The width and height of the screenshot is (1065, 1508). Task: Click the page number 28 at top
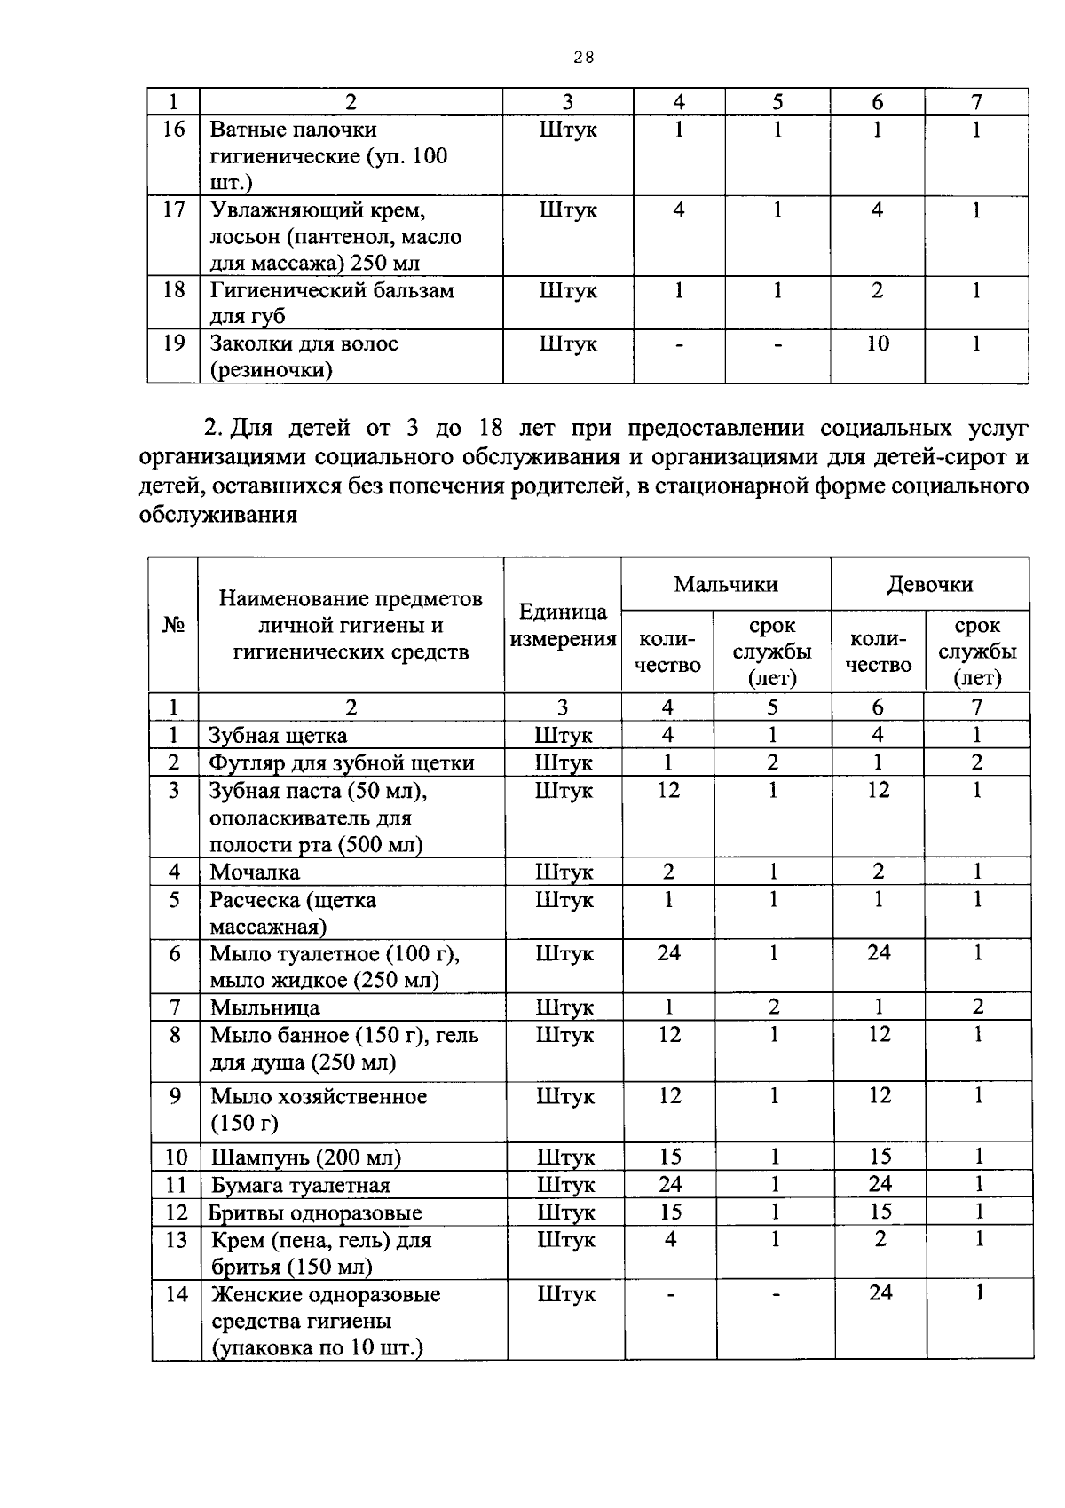[x=583, y=58]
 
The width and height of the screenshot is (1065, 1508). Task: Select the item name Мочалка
[x=255, y=872]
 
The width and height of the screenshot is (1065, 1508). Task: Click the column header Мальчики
[x=725, y=584]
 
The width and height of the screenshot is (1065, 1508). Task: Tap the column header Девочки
[x=929, y=584]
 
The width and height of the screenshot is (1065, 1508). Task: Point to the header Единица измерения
[x=563, y=625]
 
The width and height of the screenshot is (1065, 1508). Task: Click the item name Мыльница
[x=264, y=1007]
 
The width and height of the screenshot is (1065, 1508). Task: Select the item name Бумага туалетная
[x=300, y=1185]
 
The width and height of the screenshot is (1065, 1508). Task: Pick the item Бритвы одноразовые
[x=315, y=1212]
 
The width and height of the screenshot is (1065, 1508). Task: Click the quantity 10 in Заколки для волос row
[x=877, y=343]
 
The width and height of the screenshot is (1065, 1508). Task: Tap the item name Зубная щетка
[x=278, y=736]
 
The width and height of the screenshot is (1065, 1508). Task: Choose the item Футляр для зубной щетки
[x=342, y=763]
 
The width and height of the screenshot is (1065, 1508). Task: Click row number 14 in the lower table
[x=177, y=1294]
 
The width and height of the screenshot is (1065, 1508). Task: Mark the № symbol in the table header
[x=173, y=625]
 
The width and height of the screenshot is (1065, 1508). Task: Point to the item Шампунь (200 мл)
[x=305, y=1157]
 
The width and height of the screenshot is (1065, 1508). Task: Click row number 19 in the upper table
[x=174, y=343]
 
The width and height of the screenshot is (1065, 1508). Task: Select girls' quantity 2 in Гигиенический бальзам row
[x=877, y=290]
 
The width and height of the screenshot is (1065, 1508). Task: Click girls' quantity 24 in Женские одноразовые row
[x=880, y=1293]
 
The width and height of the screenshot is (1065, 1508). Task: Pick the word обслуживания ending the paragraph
[x=217, y=515]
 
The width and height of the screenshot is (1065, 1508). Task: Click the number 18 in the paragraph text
[x=491, y=429]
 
